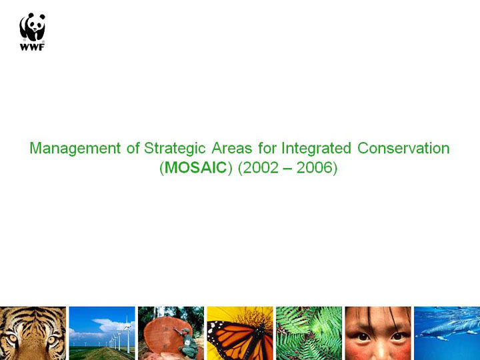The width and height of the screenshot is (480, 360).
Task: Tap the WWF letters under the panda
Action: click(32, 47)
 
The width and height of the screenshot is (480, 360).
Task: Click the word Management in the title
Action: click(75, 149)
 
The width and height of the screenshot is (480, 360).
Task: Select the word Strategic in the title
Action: click(175, 149)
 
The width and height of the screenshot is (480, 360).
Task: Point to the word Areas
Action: click(232, 148)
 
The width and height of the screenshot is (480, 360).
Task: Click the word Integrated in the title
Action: click(316, 149)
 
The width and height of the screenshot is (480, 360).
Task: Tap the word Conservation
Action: click(403, 148)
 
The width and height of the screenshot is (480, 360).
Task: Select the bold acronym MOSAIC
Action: click(195, 167)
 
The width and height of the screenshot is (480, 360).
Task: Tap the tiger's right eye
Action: click(53, 339)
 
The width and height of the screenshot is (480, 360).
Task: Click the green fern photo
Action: click(309, 333)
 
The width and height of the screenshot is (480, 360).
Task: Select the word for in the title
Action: click(267, 148)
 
